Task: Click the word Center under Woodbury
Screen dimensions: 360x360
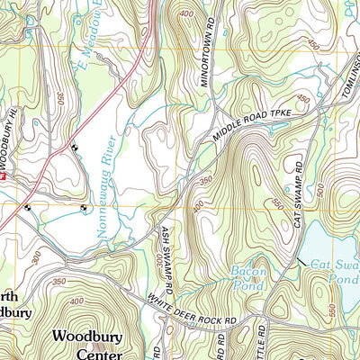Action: pyautogui.click(x=86, y=354)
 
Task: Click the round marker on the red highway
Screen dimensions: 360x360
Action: pyautogui.click(x=74, y=148)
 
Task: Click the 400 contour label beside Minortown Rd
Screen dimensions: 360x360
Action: pyautogui.click(x=186, y=15)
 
